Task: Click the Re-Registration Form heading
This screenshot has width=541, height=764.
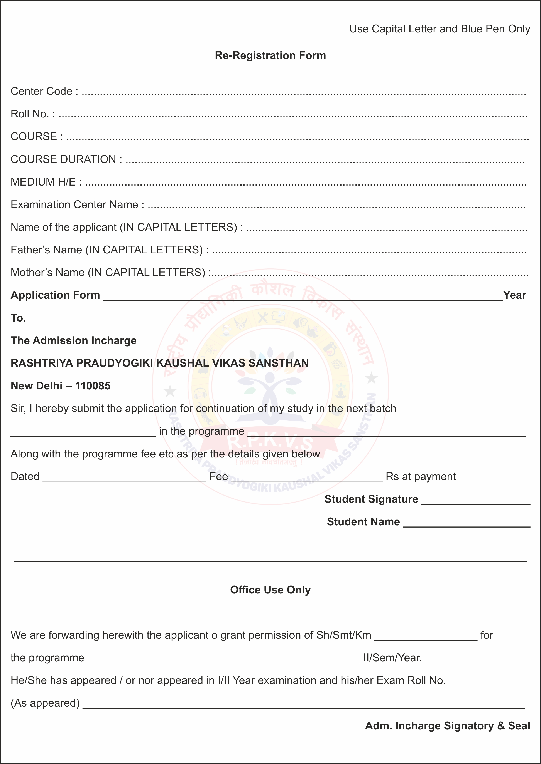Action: tap(270, 55)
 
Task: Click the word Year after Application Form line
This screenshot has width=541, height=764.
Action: tap(514, 295)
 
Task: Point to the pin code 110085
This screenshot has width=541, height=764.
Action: tap(93, 386)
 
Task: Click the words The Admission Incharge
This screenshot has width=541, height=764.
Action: tap(74, 340)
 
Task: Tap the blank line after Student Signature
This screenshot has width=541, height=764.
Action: tap(476, 502)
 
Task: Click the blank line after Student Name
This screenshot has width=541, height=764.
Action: tap(466, 524)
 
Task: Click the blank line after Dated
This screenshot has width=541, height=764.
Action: tap(124, 479)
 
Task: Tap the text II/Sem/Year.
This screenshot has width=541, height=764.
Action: tap(392, 658)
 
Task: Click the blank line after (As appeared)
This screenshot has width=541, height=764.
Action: tap(303, 705)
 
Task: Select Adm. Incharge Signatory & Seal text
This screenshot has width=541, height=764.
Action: tap(447, 725)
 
